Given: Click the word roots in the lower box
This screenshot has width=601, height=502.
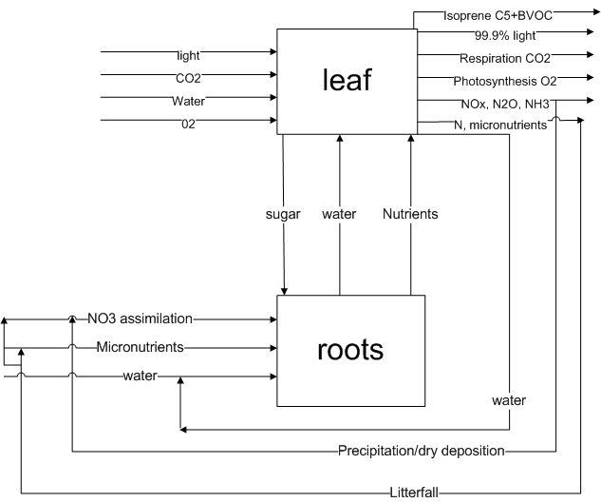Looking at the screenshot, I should click(x=350, y=349).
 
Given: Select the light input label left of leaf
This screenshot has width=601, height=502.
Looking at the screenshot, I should click(x=188, y=56).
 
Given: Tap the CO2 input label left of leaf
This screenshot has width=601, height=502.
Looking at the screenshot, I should click(x=188, y=78).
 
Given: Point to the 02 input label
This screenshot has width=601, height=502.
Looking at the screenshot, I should click(x=188, y=121).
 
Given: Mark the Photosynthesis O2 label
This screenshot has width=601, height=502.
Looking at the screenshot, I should click(x=501, y=81).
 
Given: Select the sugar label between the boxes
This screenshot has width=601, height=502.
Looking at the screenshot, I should click(x=283, y=214).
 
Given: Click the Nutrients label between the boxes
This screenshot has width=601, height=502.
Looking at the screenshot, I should click(x=410, y=214).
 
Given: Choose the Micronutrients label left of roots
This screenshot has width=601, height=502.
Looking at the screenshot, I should click(x=141, y=347).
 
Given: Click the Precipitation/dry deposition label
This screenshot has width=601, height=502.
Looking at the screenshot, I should click(x=421, y=450).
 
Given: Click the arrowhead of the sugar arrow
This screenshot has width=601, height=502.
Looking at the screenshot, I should click(x=283, y=290).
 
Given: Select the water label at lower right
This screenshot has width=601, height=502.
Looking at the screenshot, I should click(x=509, y=400).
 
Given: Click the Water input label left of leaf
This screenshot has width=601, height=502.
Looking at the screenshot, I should click(x=188, y=100).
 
